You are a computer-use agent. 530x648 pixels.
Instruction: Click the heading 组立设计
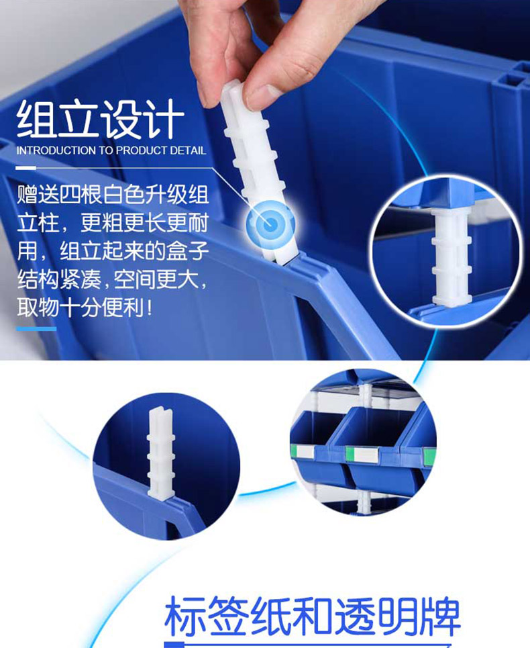point(100,119)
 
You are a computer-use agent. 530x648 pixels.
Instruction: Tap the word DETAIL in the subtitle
point(188,150)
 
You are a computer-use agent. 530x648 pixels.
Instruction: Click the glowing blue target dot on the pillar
point(270,224)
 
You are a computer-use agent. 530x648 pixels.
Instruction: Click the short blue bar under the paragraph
point(36,329)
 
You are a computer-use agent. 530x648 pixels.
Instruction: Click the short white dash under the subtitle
point(25,168)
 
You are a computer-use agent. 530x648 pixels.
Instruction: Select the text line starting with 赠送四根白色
point(113,195)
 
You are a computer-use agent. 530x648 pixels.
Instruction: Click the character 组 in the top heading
point(36,119)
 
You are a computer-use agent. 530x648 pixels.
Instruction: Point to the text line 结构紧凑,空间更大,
point(112,280)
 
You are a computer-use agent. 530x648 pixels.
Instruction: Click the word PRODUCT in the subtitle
point(141,150)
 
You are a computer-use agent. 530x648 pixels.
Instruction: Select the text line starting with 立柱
point(113,223)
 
